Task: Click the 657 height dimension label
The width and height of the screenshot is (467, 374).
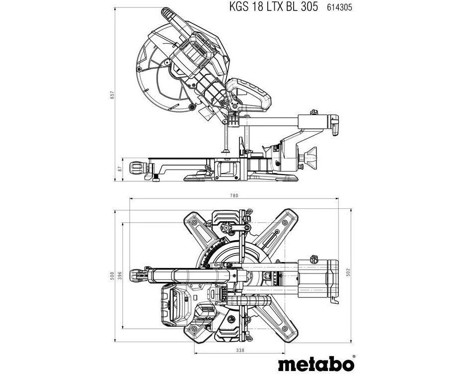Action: click(x=112, y=95)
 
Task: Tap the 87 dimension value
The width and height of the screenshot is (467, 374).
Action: click(x=120, y=169)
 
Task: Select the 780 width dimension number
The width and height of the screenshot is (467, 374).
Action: click(x=234, y=195)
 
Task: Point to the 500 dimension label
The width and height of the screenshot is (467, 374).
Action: click(x=112, y=276)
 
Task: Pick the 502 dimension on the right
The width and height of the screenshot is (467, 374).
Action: click(x=348, y=273)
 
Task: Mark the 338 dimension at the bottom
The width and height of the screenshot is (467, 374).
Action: click(x=240, y=350)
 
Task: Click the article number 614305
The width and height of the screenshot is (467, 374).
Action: click(x=339, y=7)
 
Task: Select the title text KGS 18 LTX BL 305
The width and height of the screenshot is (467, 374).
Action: click(x=273, y=6)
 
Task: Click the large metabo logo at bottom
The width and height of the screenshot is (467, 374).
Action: click(x=316, y=364)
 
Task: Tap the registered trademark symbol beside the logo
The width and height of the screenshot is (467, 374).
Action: click(x=354, y=357)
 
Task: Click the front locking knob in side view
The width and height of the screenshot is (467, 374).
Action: click(x=138, y=168)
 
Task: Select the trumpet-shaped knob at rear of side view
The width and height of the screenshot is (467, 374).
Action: click(x=311, y=158)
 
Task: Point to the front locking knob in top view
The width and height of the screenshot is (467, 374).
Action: click(x=138, y=275)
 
